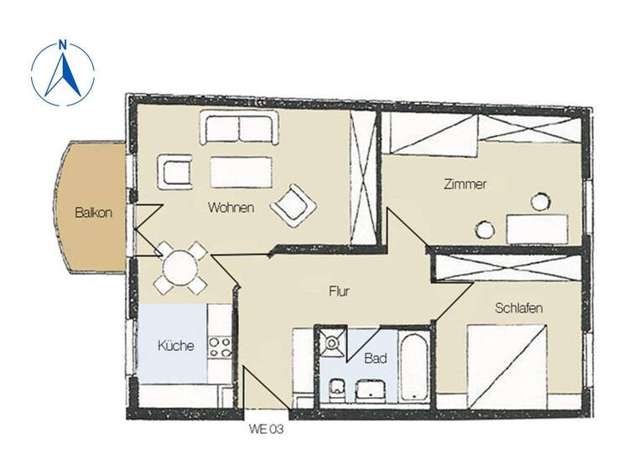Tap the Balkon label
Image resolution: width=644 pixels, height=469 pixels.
(93, 212)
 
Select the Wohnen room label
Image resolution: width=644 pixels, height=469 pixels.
(231, 208)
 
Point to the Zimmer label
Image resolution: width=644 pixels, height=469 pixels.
(465, 185)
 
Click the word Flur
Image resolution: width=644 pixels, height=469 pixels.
(338, 292)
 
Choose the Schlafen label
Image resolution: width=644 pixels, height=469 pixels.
(518, 308)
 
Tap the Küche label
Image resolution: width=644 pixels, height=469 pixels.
(176, 345)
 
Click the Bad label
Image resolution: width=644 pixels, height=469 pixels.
(375, 358)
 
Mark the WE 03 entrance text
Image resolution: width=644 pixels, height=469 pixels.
(265, 430)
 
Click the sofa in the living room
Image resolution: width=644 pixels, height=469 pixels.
(237, 129)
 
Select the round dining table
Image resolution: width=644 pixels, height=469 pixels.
(179, 268)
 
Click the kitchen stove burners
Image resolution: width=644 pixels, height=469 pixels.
(220, 347)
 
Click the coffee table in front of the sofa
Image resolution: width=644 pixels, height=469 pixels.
(241, 172)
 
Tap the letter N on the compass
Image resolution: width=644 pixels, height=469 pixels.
(63, 46)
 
